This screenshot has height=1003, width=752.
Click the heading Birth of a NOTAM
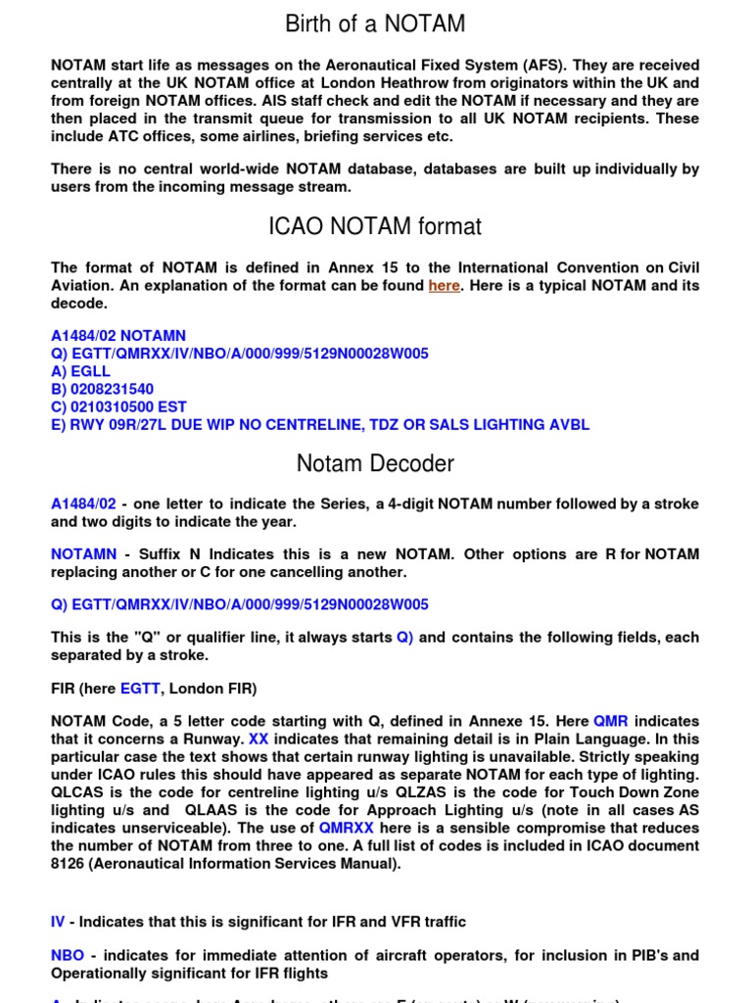(x=375, y=23)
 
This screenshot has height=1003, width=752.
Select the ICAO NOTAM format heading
(x=375, y=227)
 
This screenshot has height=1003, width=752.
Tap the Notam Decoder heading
(x=375, y=463)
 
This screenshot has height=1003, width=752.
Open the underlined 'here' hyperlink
(x=444, y=286)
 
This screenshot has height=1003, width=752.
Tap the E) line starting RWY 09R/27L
(x=320, y=425)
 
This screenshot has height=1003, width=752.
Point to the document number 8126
(x=70, y=863)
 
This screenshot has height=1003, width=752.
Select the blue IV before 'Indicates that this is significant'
(x=58, y=922)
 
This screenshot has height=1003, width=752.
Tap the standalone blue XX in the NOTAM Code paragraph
(x=258, y=740)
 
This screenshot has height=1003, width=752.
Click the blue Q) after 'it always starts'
(x=404, y=638)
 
